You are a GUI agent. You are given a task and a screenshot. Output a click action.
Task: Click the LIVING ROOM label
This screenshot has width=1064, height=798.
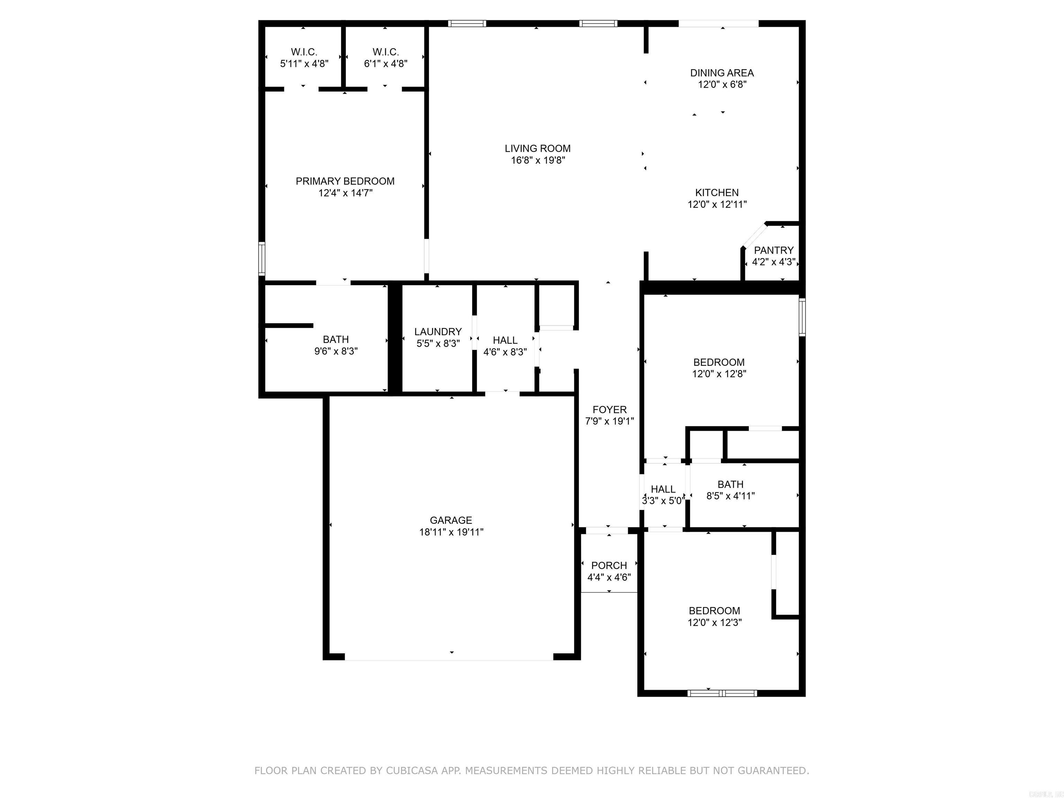[x=537, y=149]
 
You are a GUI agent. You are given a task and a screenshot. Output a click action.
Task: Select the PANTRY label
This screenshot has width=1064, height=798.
[x=773, y=250]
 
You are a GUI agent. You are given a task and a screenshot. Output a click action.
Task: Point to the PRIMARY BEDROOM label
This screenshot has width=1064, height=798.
[x=345, y=181]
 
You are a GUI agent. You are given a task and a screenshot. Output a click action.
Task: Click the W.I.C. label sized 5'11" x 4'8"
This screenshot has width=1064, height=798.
[x=304, y=52]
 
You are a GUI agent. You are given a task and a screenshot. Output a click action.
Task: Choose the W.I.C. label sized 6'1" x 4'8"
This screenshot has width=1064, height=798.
[x=385, y=52]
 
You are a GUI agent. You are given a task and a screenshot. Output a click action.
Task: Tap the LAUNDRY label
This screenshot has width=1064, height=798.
[x=438, y=331]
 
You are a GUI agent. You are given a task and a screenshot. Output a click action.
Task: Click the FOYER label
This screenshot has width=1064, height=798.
[x=610, y=410]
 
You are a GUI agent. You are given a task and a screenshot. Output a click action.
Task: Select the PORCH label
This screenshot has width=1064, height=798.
[x=609, y=566]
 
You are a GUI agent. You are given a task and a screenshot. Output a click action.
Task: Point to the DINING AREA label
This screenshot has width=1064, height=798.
[x=721, y=73]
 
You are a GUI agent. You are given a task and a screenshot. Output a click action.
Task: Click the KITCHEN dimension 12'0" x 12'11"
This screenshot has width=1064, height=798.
[x=717, y=204]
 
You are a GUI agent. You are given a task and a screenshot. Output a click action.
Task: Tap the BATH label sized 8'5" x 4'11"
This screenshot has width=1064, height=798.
[x=730, y=485]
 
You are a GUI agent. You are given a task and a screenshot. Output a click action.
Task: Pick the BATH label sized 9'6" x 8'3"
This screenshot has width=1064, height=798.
[x=336, y=339]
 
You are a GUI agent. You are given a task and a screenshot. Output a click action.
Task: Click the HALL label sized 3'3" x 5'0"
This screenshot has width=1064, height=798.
[x=663, y=489]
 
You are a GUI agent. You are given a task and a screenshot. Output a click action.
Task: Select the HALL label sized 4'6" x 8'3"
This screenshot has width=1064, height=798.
[x=505, y=340]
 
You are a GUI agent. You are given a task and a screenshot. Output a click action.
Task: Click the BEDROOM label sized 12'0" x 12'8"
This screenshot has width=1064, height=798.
[x=719, y=362]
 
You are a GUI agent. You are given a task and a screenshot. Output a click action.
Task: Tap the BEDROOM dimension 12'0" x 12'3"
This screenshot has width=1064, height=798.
[x=714, y=622]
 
